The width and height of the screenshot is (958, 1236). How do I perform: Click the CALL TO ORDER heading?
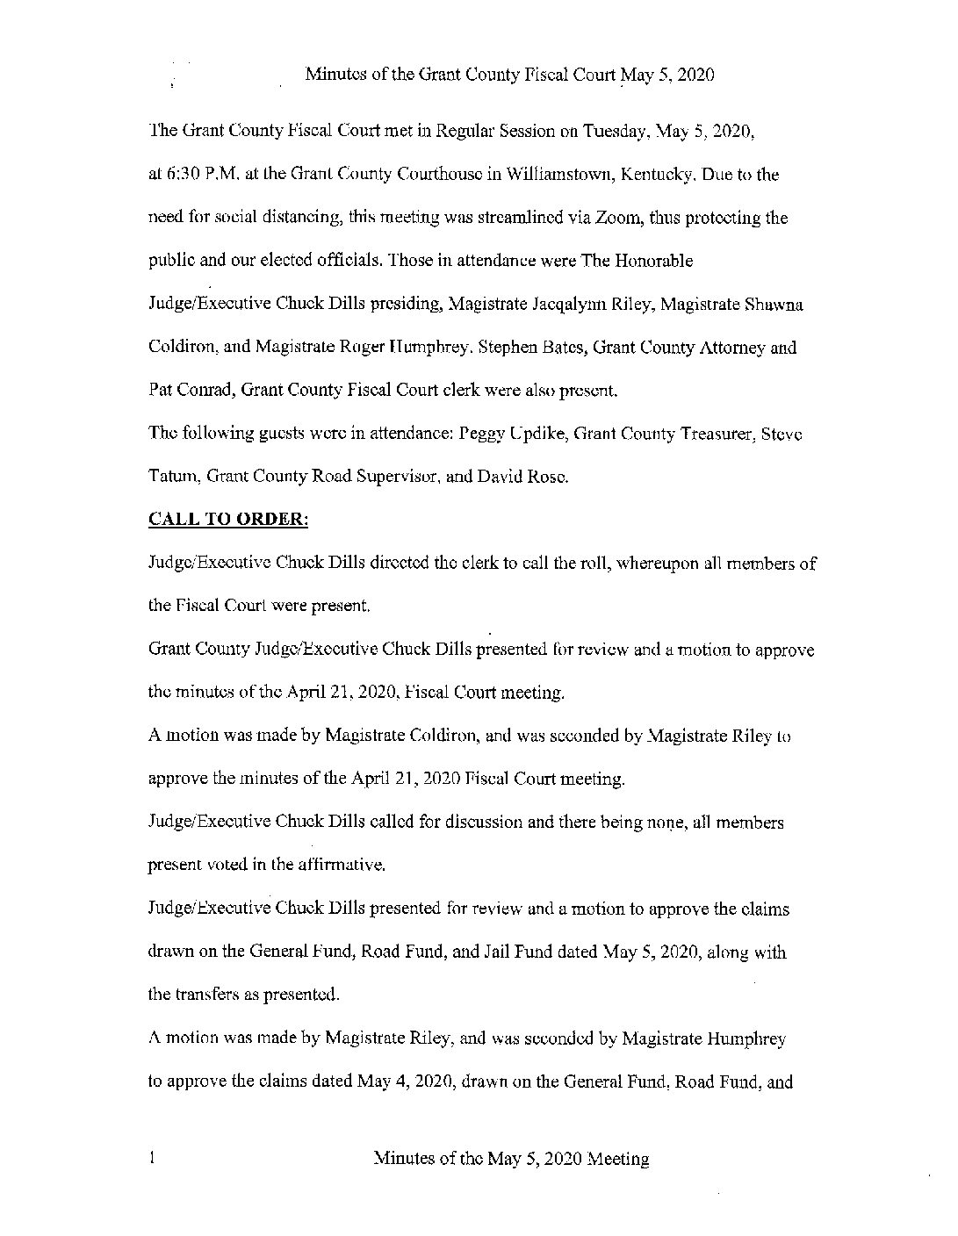tap(228, 520)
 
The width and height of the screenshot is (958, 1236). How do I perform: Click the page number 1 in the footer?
tap(153, 1159)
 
